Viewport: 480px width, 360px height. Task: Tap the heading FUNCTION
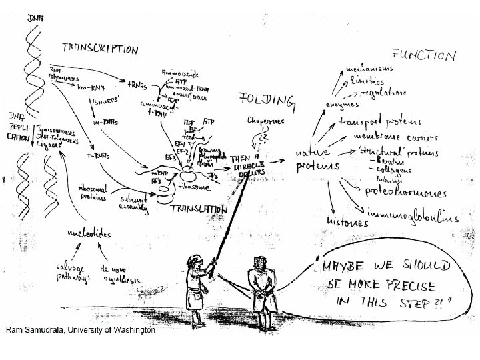coord(425,55)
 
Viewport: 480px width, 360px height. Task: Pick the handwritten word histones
coord(348,219)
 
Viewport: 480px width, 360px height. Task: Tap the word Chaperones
coord(265,121)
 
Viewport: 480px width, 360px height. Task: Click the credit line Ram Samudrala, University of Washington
coord(80,329)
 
